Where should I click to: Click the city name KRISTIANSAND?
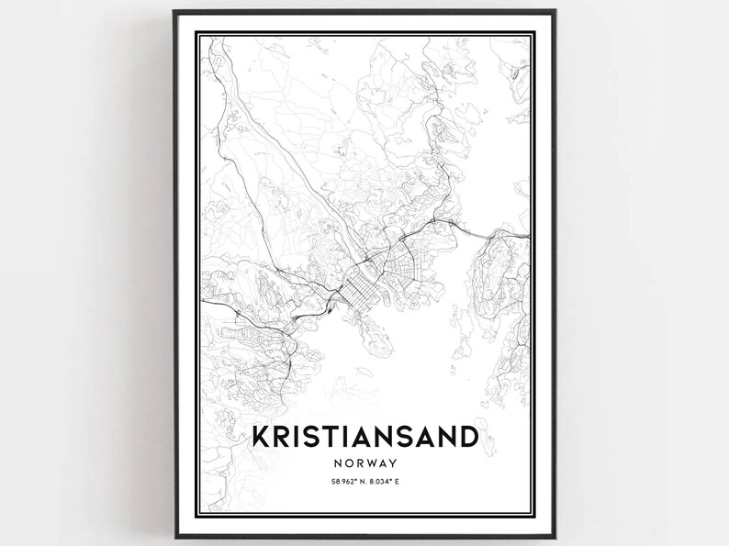click(x=364, y=434)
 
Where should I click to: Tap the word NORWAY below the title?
click(x=364, y=463)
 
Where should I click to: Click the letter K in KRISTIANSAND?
click(x=261, y=434)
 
